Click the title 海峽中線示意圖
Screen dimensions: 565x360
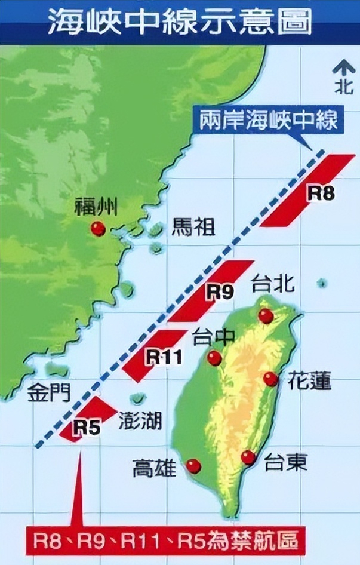click(179, 22)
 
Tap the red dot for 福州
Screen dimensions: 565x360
click(98, 228)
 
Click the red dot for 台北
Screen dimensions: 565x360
click(266, 315)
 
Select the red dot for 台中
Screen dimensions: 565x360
click(214, 358)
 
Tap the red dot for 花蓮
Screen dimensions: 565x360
click(270, 379)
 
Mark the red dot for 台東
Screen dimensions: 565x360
click(248, 457)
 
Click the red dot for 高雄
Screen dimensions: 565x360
click(193, 466)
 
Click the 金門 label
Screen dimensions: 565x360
click(49, 392)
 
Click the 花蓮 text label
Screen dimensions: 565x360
click(309, 380)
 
